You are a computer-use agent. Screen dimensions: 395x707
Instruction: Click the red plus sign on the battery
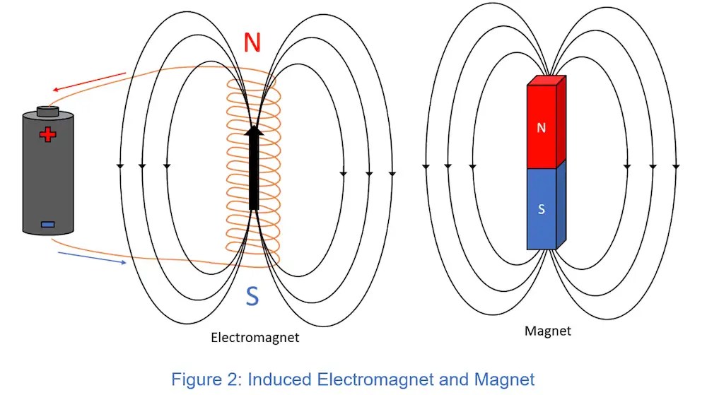point(47,135)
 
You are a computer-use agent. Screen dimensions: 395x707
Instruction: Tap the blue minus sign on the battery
point(47,225)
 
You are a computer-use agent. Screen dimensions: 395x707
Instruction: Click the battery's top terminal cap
point(47,111)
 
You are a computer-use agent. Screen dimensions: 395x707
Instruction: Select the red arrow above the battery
point(88,82)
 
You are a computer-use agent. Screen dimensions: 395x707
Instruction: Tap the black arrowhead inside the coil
point(254,131)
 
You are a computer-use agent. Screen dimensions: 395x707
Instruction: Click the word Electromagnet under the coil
point(255,338)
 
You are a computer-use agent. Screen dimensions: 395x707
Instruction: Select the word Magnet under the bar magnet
point(547,331)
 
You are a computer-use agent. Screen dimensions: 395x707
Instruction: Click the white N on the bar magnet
point(542,128)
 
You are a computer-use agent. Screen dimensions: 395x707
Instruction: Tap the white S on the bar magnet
point(542,209)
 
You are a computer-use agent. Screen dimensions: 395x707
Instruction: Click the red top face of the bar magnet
point(547,81)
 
